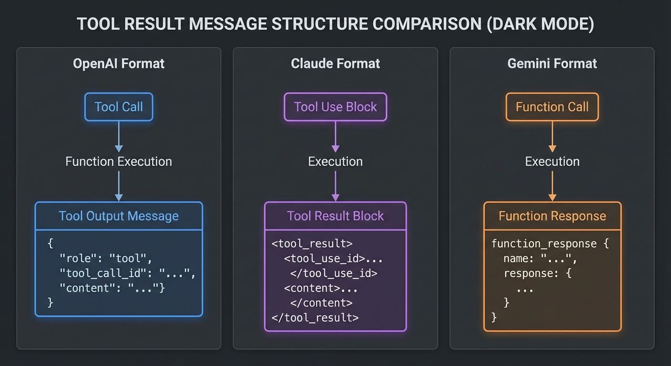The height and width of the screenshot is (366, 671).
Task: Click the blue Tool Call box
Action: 119,107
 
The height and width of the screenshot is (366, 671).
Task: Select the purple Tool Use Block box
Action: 335,107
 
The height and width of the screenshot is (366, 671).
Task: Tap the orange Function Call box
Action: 552,107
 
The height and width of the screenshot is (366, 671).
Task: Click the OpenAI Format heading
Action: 119,64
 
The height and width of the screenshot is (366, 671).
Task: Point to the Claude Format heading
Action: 335,64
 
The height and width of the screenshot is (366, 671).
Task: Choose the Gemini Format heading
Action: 552,64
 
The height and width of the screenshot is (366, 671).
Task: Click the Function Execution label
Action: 119,162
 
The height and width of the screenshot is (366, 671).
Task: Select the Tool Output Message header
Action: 119,216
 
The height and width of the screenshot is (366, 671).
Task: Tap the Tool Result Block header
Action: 335,216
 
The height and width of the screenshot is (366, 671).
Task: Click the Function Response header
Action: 552,216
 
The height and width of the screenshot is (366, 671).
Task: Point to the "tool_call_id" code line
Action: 127,274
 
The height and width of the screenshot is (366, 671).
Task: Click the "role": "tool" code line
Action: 105,259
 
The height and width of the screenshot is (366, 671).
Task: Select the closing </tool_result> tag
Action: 315,317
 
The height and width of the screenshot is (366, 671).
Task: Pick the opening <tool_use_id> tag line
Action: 333,259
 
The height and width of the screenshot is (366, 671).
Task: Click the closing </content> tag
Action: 321,303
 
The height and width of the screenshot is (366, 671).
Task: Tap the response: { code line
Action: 537,274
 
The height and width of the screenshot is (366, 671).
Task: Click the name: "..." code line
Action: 540,259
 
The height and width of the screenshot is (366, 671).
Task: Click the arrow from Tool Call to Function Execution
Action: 119,136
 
